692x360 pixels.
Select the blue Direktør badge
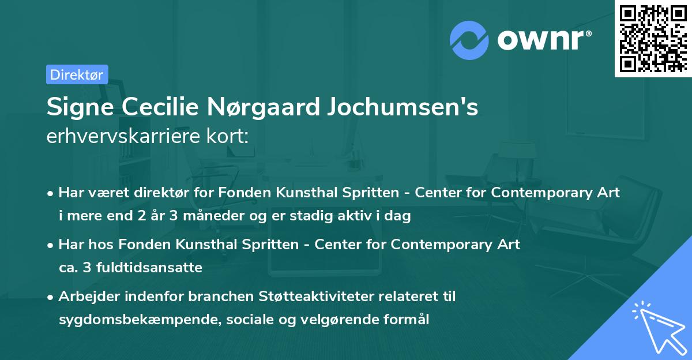[77, 74]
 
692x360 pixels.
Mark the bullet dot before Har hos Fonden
[51, 245]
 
